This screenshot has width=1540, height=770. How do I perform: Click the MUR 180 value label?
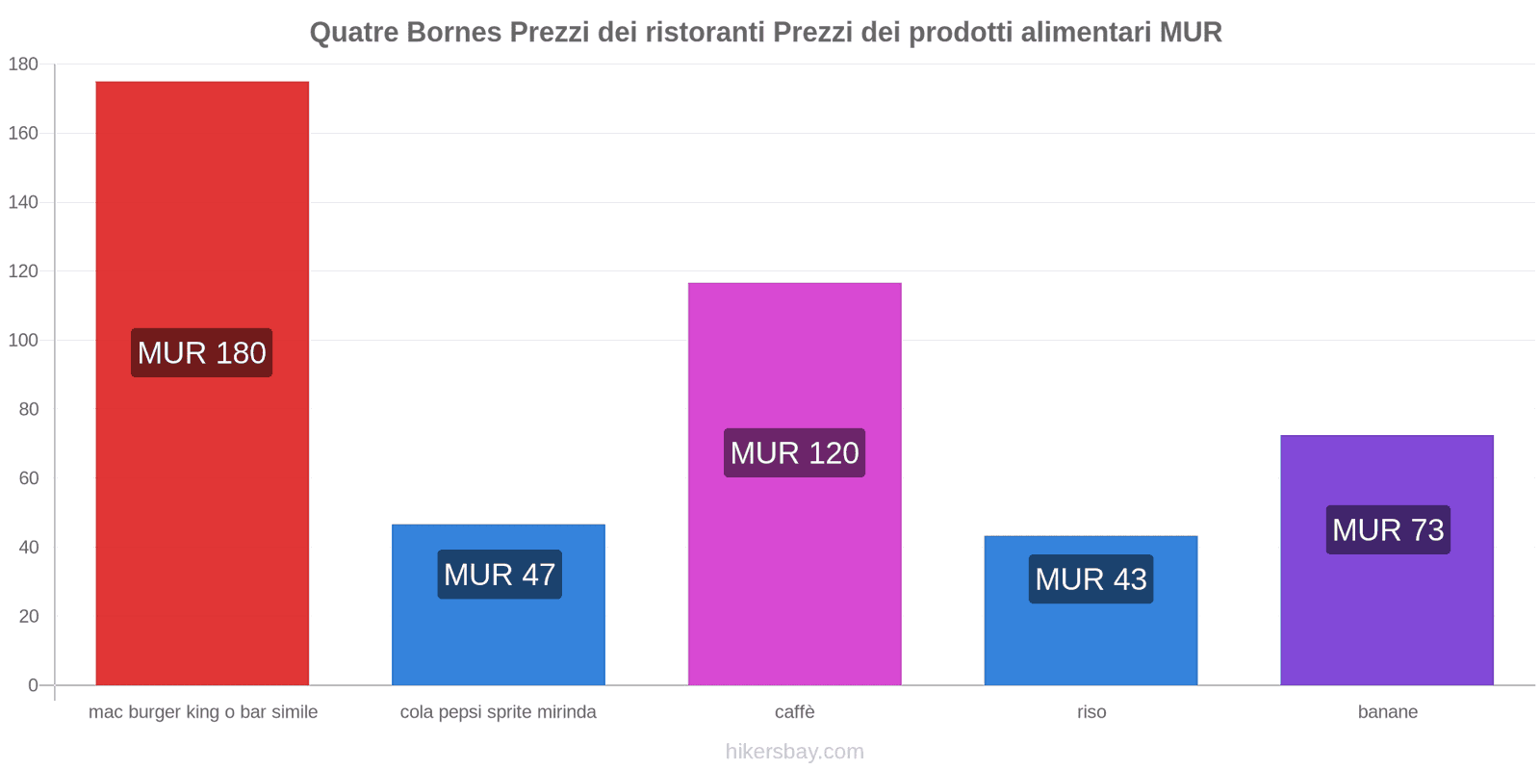point(202,353)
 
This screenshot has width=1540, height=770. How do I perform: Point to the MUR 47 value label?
point(500,575)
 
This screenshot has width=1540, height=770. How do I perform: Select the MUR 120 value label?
point(794,453)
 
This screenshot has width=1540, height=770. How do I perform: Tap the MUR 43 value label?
point(1091,579)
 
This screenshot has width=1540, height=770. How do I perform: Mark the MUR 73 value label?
point(1388,530)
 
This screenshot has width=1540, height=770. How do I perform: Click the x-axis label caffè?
point(794,712)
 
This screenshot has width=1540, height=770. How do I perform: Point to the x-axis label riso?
point(1091,712)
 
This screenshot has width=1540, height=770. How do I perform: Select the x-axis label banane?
point(1387,712)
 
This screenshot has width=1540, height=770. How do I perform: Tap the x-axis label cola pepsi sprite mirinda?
point(498,712)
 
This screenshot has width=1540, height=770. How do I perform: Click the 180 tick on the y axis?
point(23,64)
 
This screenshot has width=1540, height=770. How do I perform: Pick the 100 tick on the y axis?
point(23,341)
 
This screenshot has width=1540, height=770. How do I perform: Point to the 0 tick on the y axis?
point(33,685)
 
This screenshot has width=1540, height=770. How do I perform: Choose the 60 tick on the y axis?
point(28,478)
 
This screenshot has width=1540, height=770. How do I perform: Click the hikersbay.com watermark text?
point(794,752)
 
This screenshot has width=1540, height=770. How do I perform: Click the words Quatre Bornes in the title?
point(405,33)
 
